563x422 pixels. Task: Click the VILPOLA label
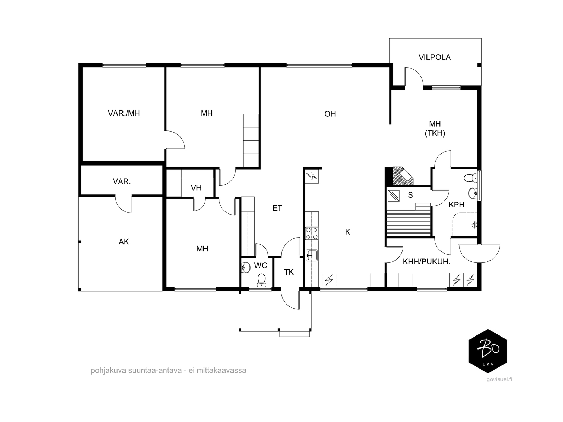pyautogui.click(x=435, y=57)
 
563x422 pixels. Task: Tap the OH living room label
pyautogui.click(x=330, y=114)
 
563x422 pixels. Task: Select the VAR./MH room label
pyautogui.click(x=124, y=113)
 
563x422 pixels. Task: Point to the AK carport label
pyautogui.click(x=124, y=242)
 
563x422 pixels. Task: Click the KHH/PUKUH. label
pyautogui.click(x=426, y=262)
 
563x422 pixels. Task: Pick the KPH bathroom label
pyautogui.click(x=456, y=205)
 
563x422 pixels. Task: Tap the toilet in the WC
pyautogui.click(x=261, y=280)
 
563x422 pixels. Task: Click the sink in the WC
pyautogui.click(x=246, y=268)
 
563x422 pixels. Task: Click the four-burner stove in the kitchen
pyautogui.click(x=312, y=234)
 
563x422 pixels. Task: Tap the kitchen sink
pyautogui.click(x=312, y=255)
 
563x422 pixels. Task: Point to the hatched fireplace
pyautogui.click(x=403, y=176)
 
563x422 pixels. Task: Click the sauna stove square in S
pyautogui.click(x=394, y=196)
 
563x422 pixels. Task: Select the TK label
pyautogui.click(x=289, y=272)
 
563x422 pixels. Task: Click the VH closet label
pyautogui.click(x=196, y=188)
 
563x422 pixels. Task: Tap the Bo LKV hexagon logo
pyautogui.click(x=488, y=351)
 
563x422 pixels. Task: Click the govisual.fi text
pyautogui.click(x=499, y=379)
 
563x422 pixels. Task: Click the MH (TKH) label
pyautogui.click(x=435, y=129)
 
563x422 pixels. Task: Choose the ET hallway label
pyautogui.click(x=277, y=208)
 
